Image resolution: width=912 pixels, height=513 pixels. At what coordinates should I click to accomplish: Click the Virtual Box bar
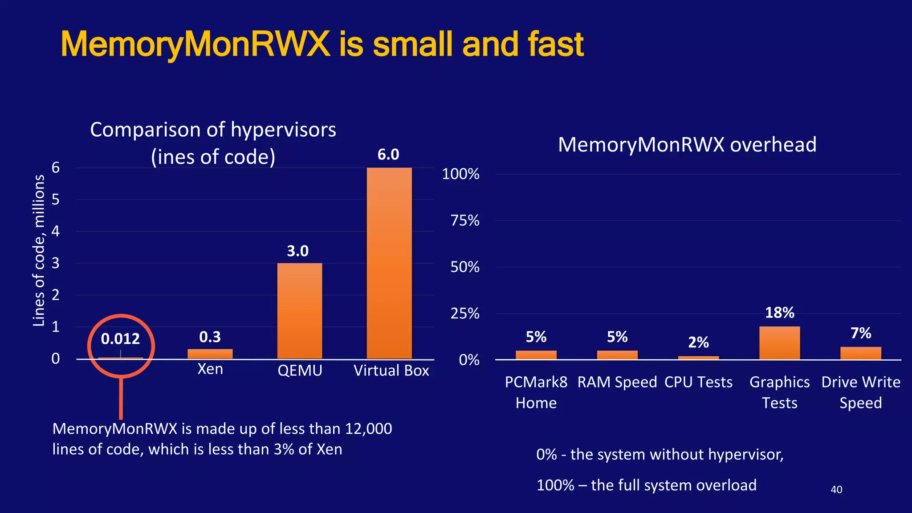pyautogui.click(x=389, y=263)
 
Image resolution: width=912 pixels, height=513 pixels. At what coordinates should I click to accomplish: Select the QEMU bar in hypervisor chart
pyautogui.click(x=299, y=311)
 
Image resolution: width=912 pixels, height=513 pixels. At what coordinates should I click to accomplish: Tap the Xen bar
pyautogui.click(x=210, y=354)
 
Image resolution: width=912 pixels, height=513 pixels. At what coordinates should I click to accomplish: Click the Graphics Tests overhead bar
pyautogui.click(x=779, y=343)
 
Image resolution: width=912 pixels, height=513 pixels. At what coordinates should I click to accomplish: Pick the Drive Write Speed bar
pyautogui.click(x=860, y=353)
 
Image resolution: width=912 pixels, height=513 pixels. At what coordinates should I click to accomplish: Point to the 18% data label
pyautogui.click(x=779, y=313)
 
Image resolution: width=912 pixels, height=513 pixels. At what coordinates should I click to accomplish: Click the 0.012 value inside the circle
pyautogui.click(x=120, y=339)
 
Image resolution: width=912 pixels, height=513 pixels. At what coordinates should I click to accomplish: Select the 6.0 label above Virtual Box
pyautogui.click(x=388, y=155)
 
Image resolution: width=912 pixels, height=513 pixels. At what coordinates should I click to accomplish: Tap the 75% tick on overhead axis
pyautogui.click(x=465, y=220)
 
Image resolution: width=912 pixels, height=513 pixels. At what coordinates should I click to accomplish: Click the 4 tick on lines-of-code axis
pyautogui.click(x=56, y=231)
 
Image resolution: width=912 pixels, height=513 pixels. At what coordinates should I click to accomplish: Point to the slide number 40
pyautogui.click(x=836, y=489)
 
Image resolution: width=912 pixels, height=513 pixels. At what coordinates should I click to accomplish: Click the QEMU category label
pyautogui.click(x=300, y=370)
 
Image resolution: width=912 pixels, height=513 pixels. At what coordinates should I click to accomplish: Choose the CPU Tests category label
pyautogui.click(x=698, y=382)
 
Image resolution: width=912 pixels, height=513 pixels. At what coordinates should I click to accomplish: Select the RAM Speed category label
pyautogui.click(x=617, y=382)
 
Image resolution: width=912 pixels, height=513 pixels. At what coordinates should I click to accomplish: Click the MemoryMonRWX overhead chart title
pyautogui.click(x=687, y=145)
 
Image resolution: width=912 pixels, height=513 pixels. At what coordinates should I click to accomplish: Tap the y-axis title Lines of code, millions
pyautogui.click(x=39, y=250)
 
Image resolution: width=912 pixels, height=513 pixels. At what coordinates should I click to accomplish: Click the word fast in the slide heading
pyautogui.click(x=555, y=45)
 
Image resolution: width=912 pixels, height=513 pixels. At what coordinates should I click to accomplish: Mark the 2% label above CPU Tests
pyautogui.click(x=698, y=342)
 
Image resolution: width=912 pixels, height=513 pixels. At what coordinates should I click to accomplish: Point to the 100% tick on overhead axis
pyautogui.click(x=460, y=174)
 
